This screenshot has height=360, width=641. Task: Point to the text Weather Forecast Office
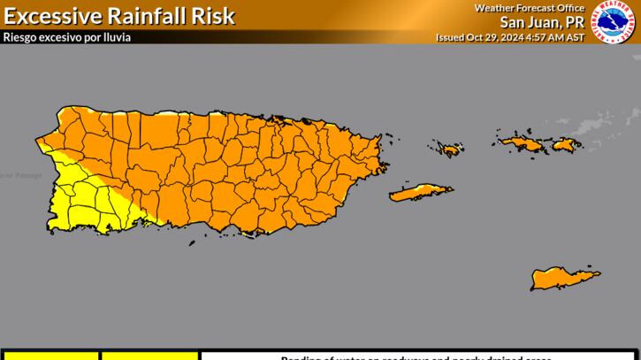(529, 8)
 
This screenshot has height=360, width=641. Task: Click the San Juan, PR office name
(541, 22)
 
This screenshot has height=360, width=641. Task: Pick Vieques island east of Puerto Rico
(420, 192)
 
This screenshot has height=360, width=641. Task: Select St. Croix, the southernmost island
(564, 280)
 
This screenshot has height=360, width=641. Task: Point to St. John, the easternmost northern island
(566, 144)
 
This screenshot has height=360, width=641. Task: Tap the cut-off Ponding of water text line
(416, 357)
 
